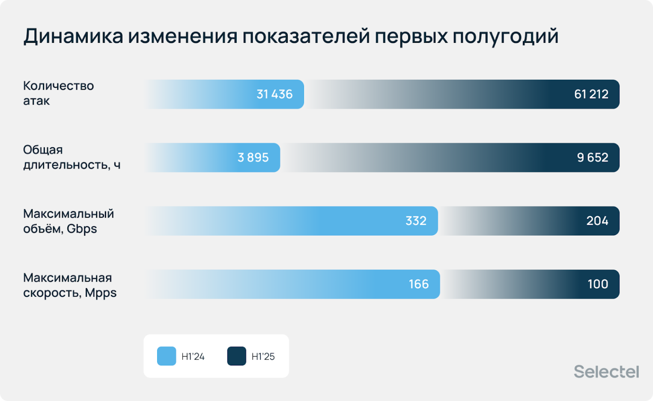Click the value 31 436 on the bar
[274, 94]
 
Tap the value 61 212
[591, 94]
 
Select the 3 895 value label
[253, 158]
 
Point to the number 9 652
[592, 158]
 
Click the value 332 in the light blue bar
[416, 221]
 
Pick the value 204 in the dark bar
[597, 221]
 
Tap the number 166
[418, 284]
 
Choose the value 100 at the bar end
[597, 284]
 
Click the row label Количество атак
[58, 93]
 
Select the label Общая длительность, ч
[72, 157]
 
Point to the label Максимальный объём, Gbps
[69, 221]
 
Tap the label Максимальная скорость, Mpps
[70, 285]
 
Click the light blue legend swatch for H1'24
[167, 356]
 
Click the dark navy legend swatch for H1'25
[236, 356]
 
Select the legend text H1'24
[193, 356]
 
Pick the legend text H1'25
[263, 356]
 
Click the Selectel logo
[606, 371]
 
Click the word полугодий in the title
[505, 36]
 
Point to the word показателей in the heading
[306, 36]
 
